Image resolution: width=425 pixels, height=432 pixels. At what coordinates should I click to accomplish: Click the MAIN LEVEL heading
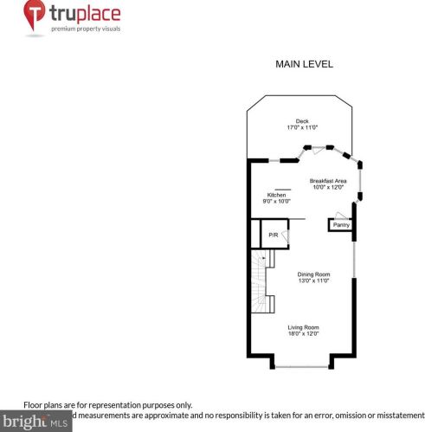pyautogui.click(x=304, y=64)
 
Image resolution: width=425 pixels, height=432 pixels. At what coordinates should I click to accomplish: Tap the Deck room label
pyautogui.click(x=302, y=121)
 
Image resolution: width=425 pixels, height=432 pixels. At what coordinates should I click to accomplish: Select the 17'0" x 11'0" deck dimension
pyautogui.click(x=302, y=128)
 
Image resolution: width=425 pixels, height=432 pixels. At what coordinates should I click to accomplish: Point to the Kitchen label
pyautogui.click(x=276, y=196)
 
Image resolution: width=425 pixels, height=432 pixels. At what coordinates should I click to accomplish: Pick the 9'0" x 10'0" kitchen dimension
pyautogui.click(x=276, y=202)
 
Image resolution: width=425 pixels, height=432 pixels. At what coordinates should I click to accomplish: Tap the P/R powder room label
pyautogui.click(x=273, y=235)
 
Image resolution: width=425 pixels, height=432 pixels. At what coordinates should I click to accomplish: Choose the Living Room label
pyautogui.click(x=303, y=326)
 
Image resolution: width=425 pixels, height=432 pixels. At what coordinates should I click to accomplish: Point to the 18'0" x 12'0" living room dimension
pyautogui.click(x=303, y=333)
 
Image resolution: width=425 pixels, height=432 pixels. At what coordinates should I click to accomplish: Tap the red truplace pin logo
pyautogui.click(x=35, y=17)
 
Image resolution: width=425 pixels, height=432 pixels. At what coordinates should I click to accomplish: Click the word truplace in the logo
pyautogui.click(x=85, y=15)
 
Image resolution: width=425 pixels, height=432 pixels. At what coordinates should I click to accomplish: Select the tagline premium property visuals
pyautogui.click(x=85, y=29)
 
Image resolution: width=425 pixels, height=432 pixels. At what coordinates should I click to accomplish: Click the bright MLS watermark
pyautogui.click(x=35, y=422)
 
